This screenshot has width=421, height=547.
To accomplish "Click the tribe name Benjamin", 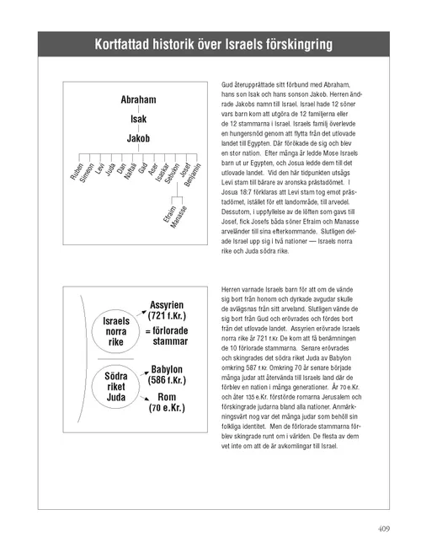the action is point(192,174).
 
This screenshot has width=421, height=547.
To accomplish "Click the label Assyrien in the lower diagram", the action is point(173,304).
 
